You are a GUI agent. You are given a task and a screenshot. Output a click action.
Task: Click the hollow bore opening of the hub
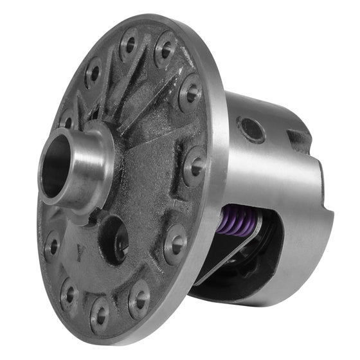[57, 170]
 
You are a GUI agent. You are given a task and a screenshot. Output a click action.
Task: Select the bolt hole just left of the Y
[53, 244]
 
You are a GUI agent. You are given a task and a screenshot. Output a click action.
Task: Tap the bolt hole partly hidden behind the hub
[66, 120]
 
